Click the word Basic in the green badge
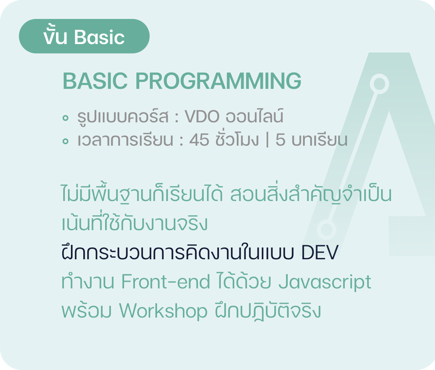(x=99, y=37)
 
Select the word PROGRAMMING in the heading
(x=218, y=81)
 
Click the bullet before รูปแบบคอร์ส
(x=65, y=118)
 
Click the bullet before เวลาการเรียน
(x=65, y=141)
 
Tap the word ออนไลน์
(x=254, y=115)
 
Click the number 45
(x=199, y=140)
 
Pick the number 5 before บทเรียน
(x=280, y=140)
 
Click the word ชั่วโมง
(x=237, y=138)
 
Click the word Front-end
(x=165, y=282)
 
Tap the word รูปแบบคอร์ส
(x=123, y=117)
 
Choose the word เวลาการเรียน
(x=125, y=140)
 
